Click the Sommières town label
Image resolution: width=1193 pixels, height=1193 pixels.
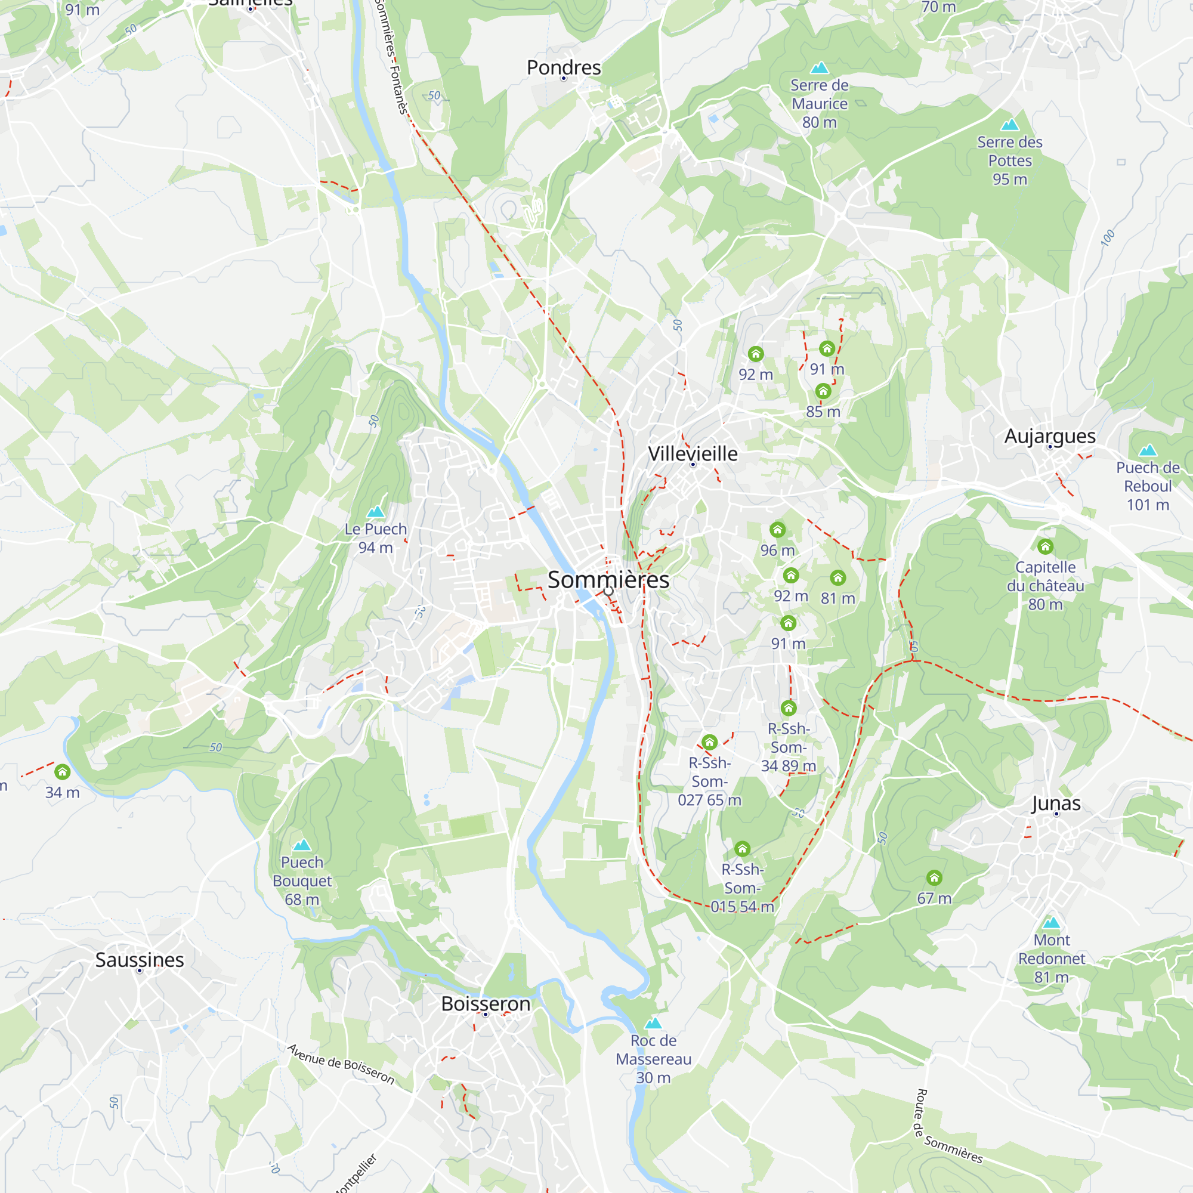tap(608, 580)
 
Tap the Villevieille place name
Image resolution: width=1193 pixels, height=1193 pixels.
tap(692, 454)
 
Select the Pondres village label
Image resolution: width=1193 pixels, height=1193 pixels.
tap(563, 67)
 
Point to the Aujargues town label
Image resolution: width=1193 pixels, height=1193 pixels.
tap(1050, 436)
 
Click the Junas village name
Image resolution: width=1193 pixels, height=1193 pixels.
tap(1056, 803)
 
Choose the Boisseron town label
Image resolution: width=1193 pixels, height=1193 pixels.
tap(486, 1004)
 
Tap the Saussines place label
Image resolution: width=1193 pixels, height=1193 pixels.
tap(140, 960)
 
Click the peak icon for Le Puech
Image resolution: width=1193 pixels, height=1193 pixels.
tap(375, 512)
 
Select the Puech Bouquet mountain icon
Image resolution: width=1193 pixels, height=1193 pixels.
tap(302, 845)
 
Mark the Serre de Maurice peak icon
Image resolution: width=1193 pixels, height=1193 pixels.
tap(820, 68)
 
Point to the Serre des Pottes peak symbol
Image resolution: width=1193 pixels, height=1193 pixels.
tap(1010, 125)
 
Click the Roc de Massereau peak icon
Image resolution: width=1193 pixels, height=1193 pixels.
tap(653, 1024)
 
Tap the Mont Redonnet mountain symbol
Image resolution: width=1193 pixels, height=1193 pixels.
tap(1051, 923)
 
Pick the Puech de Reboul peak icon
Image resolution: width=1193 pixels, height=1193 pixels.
tap(1147, 451)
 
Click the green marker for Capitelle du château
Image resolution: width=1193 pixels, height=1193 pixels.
tap(1045, 546)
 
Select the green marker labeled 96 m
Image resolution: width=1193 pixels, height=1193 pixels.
tap(777, 530)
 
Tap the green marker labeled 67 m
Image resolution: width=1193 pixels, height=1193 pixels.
tap(934, 878)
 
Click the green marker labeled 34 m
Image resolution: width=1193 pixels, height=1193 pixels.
tap(63, 772)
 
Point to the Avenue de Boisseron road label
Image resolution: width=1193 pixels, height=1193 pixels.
tap(341, 1065)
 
